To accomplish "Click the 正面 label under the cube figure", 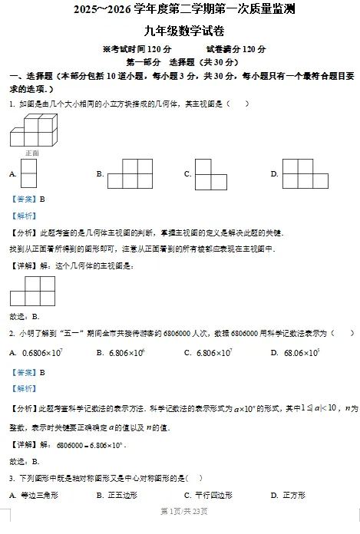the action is pos(31,153).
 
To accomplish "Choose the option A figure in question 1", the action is pos(29,174).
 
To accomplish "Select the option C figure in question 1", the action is pos(210,174).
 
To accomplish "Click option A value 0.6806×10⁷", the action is pos(42,353).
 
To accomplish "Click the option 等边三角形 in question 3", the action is pos(38,495).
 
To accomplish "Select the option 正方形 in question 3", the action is pos(295,495).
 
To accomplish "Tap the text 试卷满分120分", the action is pos(236,49).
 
